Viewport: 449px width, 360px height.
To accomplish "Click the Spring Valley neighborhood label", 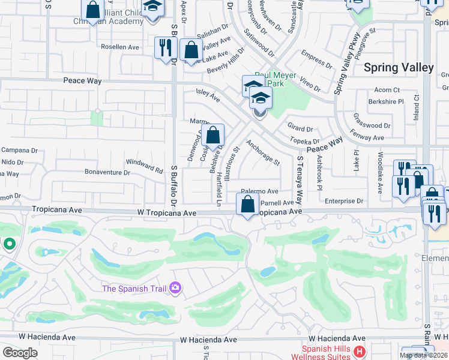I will (x=399, y=67).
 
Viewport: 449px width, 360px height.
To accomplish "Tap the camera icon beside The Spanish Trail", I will (x=175, y=289).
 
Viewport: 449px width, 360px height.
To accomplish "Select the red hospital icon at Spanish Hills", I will (x=360, y=352).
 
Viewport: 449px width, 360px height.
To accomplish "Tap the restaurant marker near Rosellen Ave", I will (x=164, y=48).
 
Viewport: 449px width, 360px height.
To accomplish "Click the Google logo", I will (x=20, y=353).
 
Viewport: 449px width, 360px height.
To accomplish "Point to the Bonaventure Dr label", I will (x=107, y=173).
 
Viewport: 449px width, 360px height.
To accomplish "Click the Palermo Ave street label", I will (x=261, y=191).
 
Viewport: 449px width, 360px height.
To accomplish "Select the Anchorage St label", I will (x=263, y=153).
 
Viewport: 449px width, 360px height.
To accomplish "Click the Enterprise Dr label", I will (x=344, y=201).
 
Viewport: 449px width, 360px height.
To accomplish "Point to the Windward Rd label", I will (x=144, y=166).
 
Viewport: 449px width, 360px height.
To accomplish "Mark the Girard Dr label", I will (x=300, y=128).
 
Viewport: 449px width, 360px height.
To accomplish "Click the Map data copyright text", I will (x=423, y=355).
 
